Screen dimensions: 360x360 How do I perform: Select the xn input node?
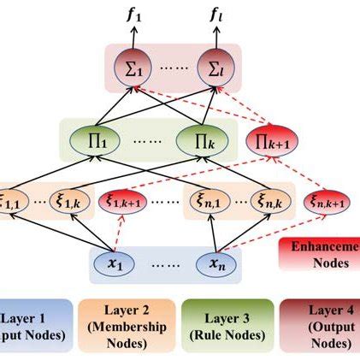[x=215, y=264]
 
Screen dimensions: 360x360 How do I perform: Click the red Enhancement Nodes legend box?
[x=318, y=254]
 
